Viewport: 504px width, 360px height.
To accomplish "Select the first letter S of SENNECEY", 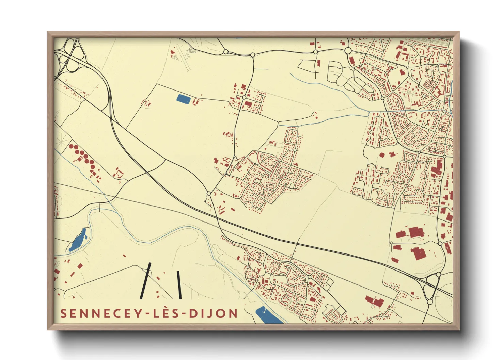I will pos(63,314).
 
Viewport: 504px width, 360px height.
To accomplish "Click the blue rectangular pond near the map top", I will pos(184,99).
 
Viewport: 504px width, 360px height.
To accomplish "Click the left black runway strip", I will pos(145,281).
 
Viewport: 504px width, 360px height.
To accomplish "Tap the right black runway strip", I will pos(179,285).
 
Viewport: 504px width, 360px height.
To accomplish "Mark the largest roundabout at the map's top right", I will pos(348,51).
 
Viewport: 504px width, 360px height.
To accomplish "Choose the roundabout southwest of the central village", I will pos(209,193).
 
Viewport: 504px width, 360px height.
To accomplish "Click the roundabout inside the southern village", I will pos(309,277).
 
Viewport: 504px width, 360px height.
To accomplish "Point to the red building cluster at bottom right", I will pos(375,301).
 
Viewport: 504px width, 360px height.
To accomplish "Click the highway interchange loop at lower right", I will pos(431,288).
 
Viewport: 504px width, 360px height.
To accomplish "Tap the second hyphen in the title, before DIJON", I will pos(184,314).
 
